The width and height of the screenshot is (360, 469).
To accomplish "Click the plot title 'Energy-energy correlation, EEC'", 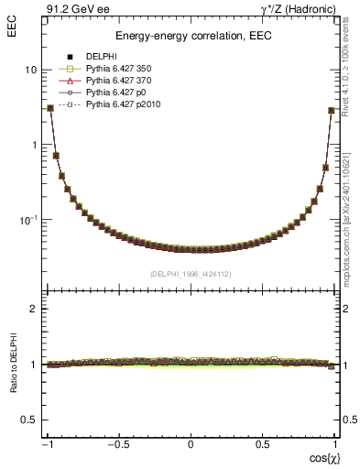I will pyautogui.click(x=190, y=36).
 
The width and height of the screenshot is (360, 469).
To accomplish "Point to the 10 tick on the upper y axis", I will pyautogui.click(x=30, y=71).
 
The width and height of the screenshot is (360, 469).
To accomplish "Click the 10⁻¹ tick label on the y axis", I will pyautogui.click(x=27, y=220).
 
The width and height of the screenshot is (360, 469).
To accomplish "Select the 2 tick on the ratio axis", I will pyautogui.click(x=33, y=310).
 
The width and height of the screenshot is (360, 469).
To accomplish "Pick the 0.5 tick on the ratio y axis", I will pyautogui.click(x=29, y=420).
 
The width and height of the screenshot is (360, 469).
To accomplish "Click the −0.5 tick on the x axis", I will pyautogui.click(x=118, y=444).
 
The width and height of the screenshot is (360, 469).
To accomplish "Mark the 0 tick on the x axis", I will pyautogui.click(x=191, y=444).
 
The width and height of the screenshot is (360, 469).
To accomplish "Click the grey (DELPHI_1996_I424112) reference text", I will pyautogui.click(x=190, y=274).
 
